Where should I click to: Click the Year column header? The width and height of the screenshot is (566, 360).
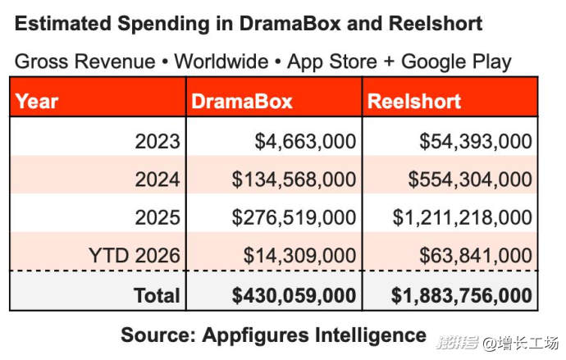click(x=37, y=102)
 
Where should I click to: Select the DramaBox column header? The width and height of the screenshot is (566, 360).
click(x=241, y=102)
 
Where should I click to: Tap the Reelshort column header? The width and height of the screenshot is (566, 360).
click(x=414, y=102)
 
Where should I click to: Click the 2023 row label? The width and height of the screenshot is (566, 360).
click(x=157, y=141)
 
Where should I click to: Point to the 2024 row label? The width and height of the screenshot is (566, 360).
click(x=157, y=179)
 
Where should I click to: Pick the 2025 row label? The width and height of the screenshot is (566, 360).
click(x=157, y=217)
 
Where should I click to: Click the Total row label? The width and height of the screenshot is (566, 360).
click(x=157, y=294)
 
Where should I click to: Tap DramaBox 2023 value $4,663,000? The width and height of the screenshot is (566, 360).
click(x=305, y=141)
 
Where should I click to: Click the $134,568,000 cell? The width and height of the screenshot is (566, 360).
click(x=294, y=179)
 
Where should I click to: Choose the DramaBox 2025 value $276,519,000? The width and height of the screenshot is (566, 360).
click(x=294, y=217)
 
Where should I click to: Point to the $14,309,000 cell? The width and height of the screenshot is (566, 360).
click(x=299, y=255)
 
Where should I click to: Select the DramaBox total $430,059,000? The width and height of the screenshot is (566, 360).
click(x=294, y=294)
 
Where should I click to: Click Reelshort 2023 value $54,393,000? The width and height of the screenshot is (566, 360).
click(x=476, y=141)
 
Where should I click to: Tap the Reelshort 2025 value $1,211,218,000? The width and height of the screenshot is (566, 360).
click(x=462, y=217)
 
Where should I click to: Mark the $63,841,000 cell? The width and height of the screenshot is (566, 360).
click(x=476, y=255)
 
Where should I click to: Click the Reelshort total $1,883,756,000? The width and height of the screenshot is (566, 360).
click(x=462, y=294)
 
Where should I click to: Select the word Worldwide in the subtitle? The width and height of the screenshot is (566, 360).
click(x=221, y=62)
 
